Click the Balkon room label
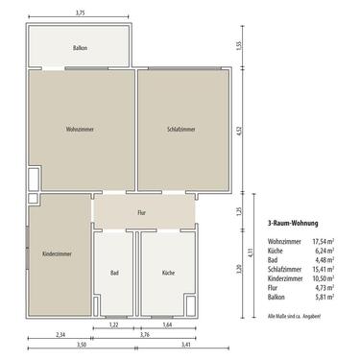pyautogui.click(x=81, y=47)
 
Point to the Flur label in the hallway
pyautogui.click(x=141, y=211)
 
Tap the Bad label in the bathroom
pyautogui.click(x=115, y=273)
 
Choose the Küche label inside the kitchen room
pyautogui.click(x=168, y=273)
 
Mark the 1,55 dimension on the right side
pyautogui.click(x=252, y=45)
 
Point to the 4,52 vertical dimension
pyautogui.click(x=252, y=132)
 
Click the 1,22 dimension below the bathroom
pyautogui.click(x=113, y=326)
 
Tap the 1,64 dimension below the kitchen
pyautogui.click(x=168, y=326)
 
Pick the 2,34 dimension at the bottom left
pyautogui.click(x=60, y=334)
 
